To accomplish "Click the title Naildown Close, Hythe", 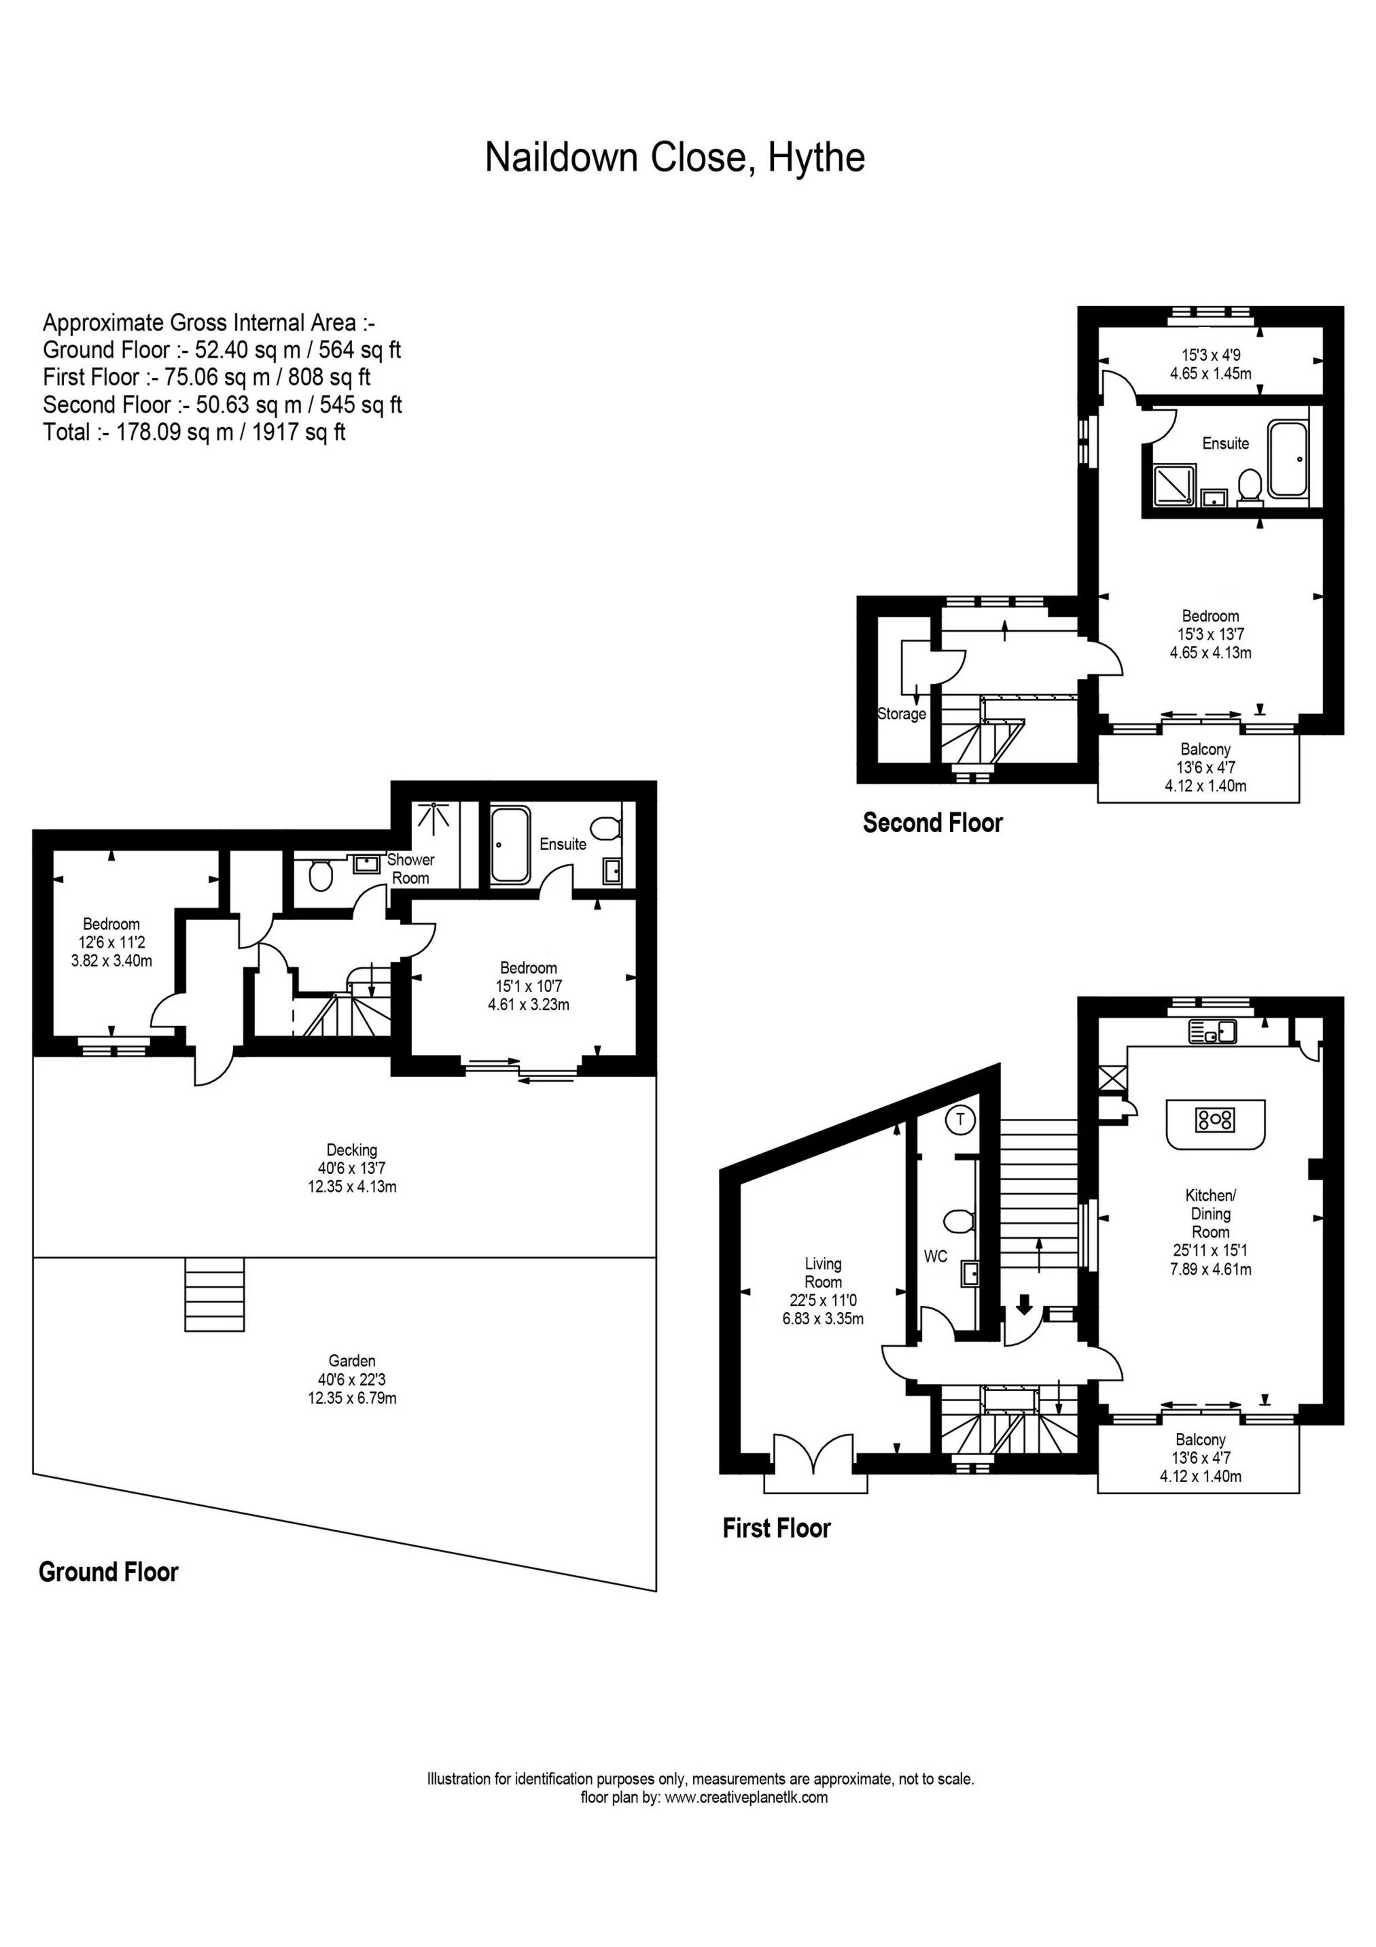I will (674, 158).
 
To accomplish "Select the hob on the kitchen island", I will (1215, 1120).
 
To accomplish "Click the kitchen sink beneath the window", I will (1213, 1032).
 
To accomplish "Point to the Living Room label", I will (822, 1273).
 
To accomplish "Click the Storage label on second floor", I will (901, 714).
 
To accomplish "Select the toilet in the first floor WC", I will (958, 1222).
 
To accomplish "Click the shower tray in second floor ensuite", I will (1174, 484).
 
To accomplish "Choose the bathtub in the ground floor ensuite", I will (510, 844).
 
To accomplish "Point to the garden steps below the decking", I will (215, 1295).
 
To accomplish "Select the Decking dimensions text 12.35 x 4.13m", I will (352, 1186).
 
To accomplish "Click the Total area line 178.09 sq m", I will (194, 432).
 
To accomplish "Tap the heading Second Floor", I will (932, 823).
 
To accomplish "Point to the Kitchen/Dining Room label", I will (1210, 1213).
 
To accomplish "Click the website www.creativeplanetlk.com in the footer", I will (746, 1797).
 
